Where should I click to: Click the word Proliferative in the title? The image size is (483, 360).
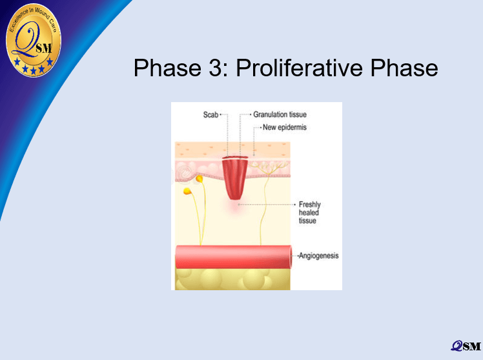click(300, 69)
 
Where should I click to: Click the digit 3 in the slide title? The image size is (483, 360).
click(216, 68)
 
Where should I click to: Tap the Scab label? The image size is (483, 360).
click(211, 114)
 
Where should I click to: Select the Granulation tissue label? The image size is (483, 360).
click(280, 114)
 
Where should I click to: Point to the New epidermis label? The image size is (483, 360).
click(285, 127)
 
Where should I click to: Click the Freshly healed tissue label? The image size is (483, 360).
click(309, 213)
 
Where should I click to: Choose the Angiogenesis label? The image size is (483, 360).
click(318, 255)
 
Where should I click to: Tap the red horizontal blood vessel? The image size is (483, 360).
click(234, 257)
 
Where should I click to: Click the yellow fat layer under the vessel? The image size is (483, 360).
click(232, 279)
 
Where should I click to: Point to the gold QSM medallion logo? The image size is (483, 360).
click(34, 40)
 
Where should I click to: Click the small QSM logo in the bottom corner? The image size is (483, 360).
click(466, 346)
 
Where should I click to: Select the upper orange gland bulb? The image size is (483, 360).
click(200, 178)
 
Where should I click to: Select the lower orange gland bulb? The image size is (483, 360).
click(187, 191)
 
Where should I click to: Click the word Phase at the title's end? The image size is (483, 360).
click(404, 68)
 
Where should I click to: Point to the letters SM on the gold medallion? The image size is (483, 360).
click(44, 48)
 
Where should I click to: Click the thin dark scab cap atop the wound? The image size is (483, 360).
click(235, 158)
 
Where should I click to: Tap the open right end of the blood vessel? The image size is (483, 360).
click(290, 257)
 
